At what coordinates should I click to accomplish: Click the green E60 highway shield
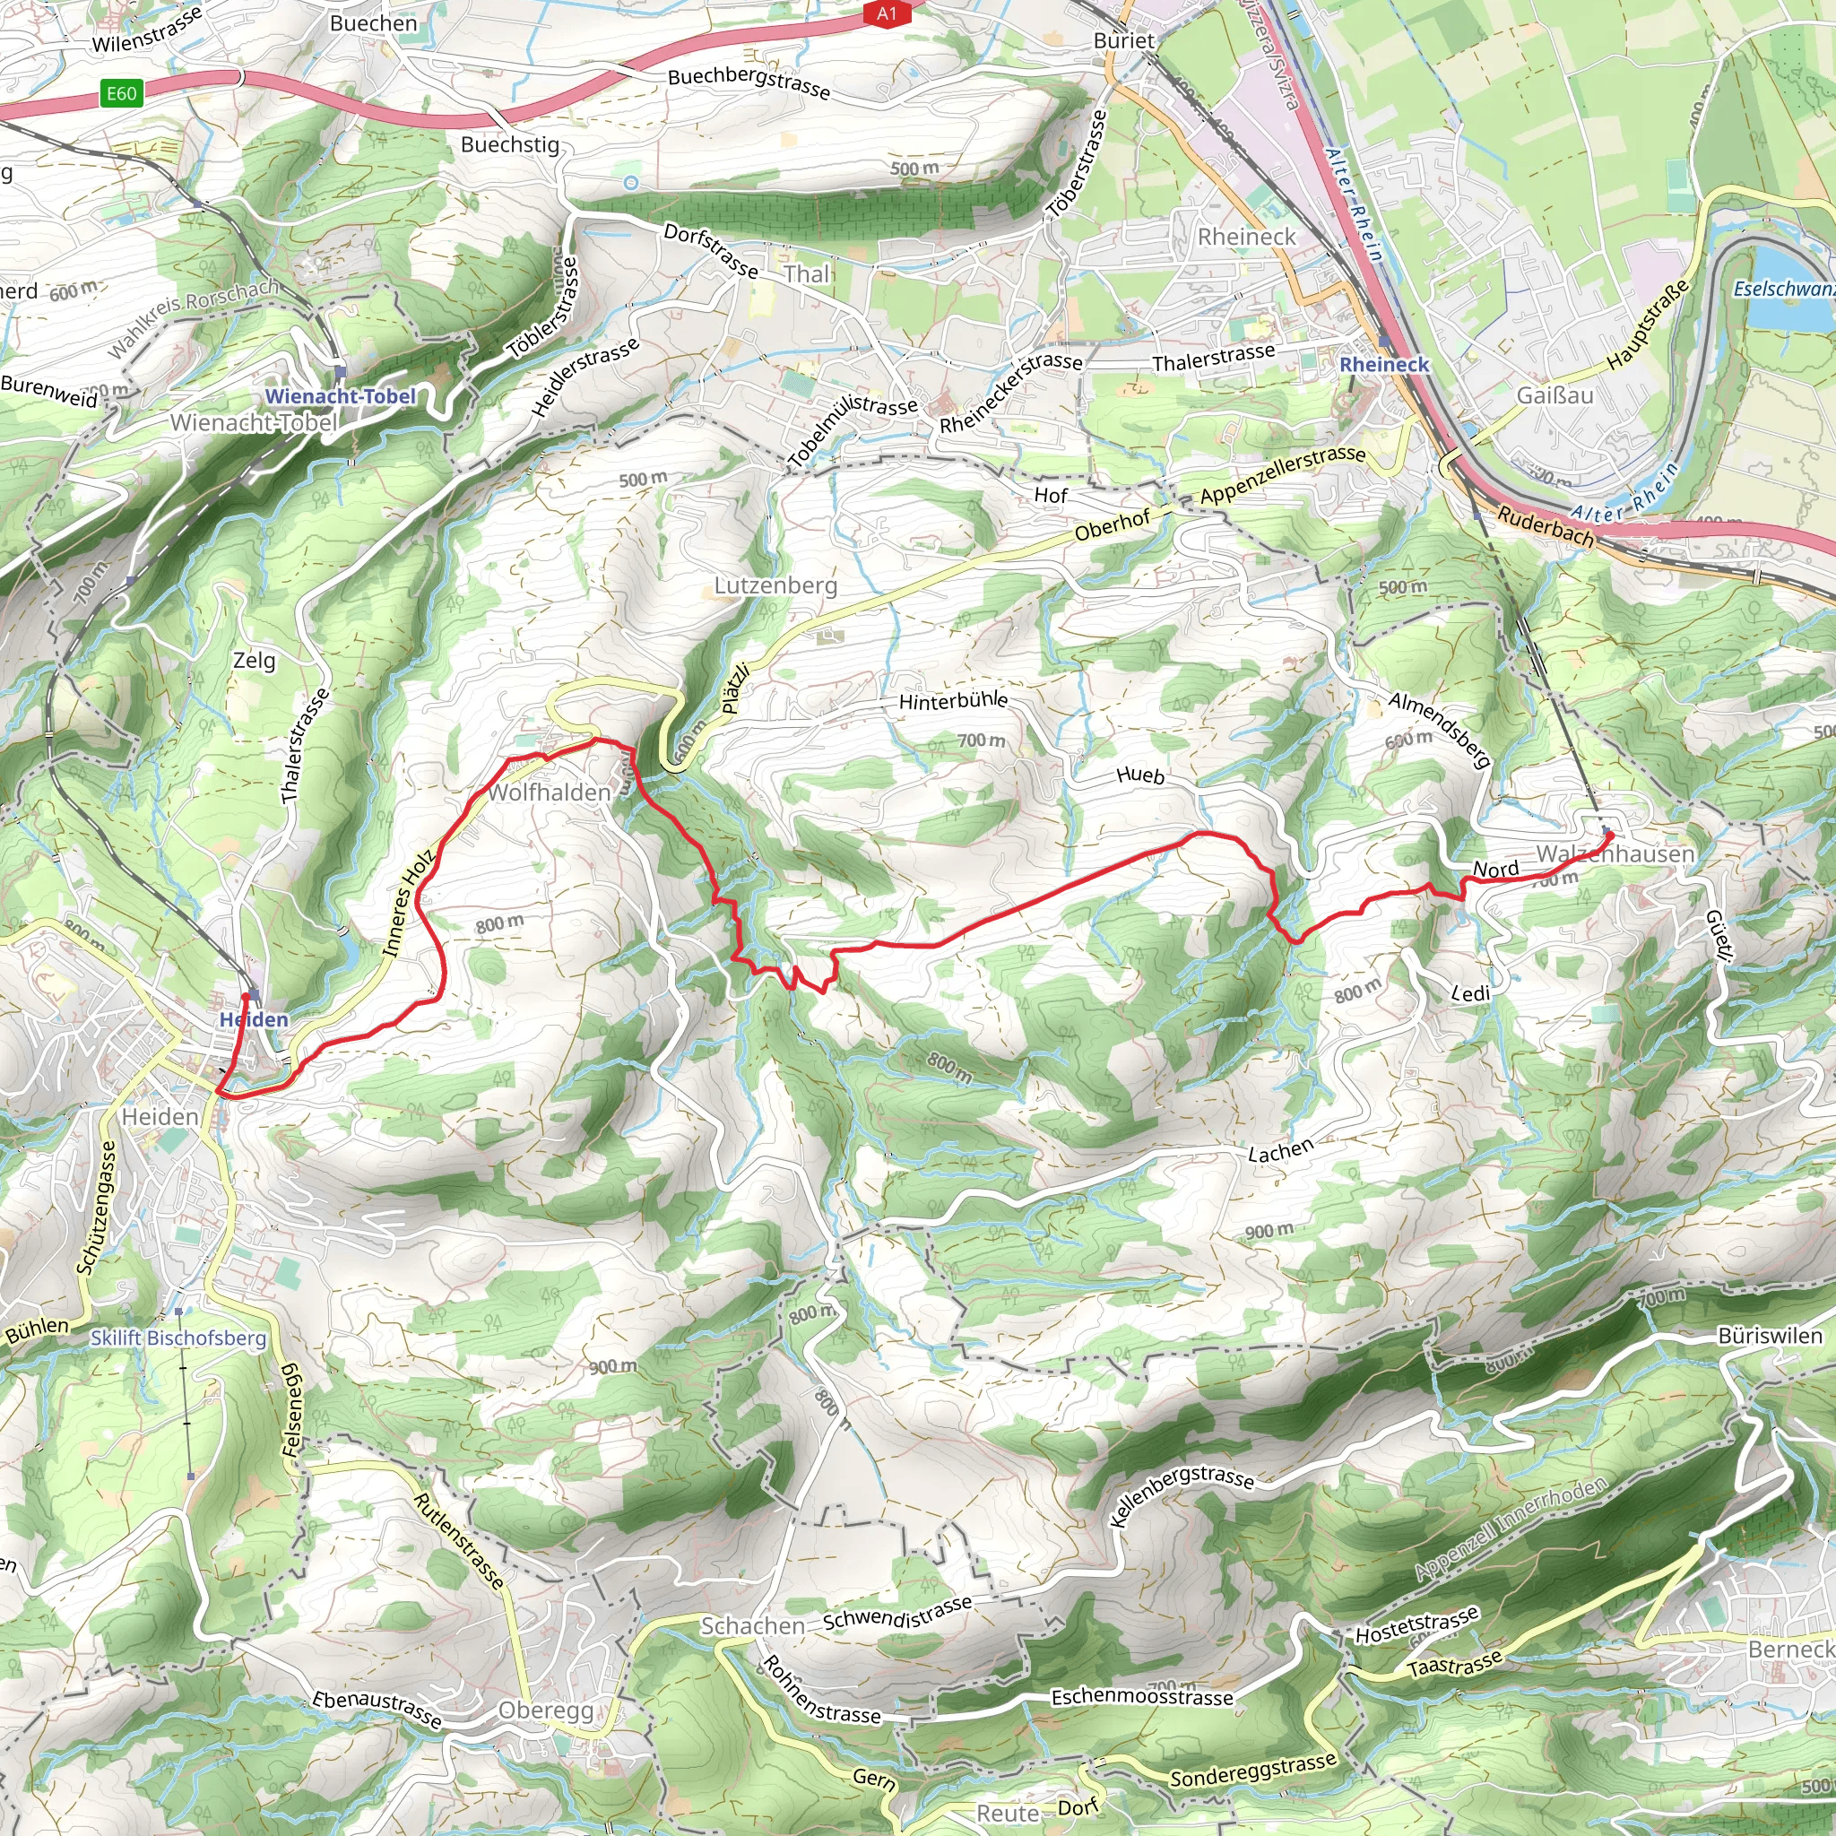[122, 93]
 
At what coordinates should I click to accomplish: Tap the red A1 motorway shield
[886, 13]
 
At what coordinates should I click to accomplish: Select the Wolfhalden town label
[550, 792]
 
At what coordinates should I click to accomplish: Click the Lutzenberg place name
[775, 585]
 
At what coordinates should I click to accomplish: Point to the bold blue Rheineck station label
[1383, 365]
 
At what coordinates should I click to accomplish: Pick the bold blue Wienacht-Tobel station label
[340, 396]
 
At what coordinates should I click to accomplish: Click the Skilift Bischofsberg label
[178, 1338]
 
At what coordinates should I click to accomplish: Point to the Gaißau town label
[1555, 394]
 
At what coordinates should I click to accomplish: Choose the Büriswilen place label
[1770, 1335]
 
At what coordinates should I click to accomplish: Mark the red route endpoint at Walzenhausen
[1609, 836]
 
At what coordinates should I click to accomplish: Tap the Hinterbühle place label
[953, 701]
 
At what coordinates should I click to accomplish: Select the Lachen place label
[1280, 1151]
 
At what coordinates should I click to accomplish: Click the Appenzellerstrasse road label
[1282, 475]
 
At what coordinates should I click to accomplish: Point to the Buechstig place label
[509, 144]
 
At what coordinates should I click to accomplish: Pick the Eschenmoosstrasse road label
[1141, 1696]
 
